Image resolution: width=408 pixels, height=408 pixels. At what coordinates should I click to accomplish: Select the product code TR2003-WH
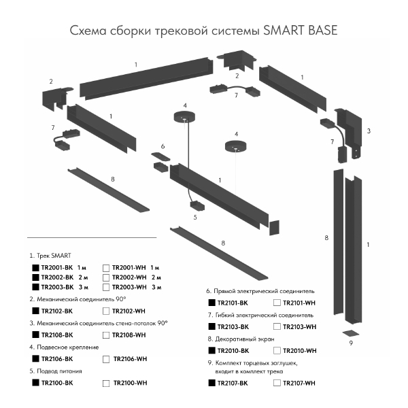[x=129, y=288]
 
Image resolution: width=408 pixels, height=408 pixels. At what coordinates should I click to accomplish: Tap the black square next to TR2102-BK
[x=35, y=311]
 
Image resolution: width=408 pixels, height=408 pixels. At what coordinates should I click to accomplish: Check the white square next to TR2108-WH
[x=106, y=335]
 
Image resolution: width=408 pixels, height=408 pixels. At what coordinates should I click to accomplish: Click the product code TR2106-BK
[x=57, y=359]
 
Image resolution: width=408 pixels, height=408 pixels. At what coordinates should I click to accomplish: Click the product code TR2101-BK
[x=232, y=302]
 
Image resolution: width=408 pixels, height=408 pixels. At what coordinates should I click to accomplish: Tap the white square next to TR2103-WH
[x=277, y=327]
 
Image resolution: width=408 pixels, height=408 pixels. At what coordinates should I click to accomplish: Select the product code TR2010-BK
[x=232, y=351]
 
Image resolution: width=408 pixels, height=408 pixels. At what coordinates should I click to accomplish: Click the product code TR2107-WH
[x=300, y=384]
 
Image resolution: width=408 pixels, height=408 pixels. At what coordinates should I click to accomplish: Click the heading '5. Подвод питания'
[x=56, y=371]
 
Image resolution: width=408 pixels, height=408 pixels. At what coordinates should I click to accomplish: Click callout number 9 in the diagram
[x=351, y=343]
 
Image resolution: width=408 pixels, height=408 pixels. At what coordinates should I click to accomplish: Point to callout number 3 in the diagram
[x=369, y=130]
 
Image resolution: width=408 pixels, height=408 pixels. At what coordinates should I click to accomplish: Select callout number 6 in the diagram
[x=163, y=146]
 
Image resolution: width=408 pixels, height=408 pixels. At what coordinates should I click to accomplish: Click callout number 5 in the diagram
[x=194, y=218]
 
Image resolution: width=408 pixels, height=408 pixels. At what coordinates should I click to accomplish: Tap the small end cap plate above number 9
[x=351, y=333]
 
